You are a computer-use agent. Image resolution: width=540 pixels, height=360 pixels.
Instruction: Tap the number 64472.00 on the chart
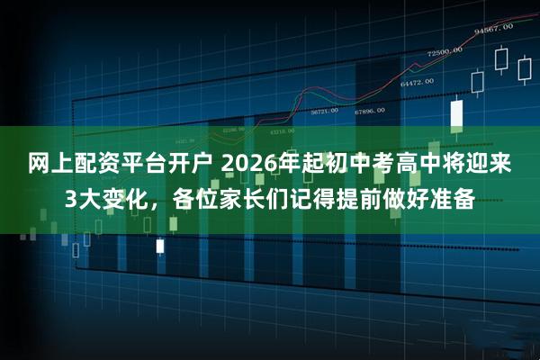click(x=418, y=83)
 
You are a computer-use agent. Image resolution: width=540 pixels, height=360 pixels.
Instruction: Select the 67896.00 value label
click(x=369, y=112)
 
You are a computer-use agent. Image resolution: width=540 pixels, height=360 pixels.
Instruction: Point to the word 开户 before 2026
click(x=190, y=165)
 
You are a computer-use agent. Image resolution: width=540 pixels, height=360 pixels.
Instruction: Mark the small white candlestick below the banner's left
click(x=160, y=245)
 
